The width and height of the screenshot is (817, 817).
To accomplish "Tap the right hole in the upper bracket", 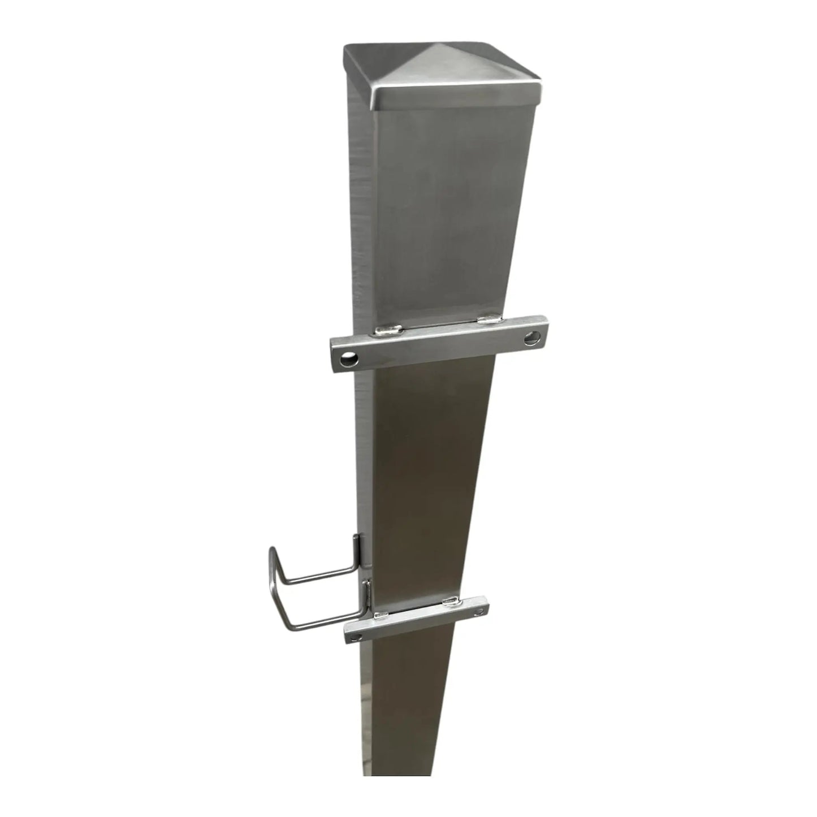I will coord(531,339).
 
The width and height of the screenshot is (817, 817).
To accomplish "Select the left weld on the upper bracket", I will coord(390,328).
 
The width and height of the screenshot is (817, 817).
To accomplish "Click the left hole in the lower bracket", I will coord(355,637).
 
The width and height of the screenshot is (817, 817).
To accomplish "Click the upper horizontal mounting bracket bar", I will coord(441,344).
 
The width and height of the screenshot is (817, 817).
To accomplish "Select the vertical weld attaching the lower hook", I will coord(368,594).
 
